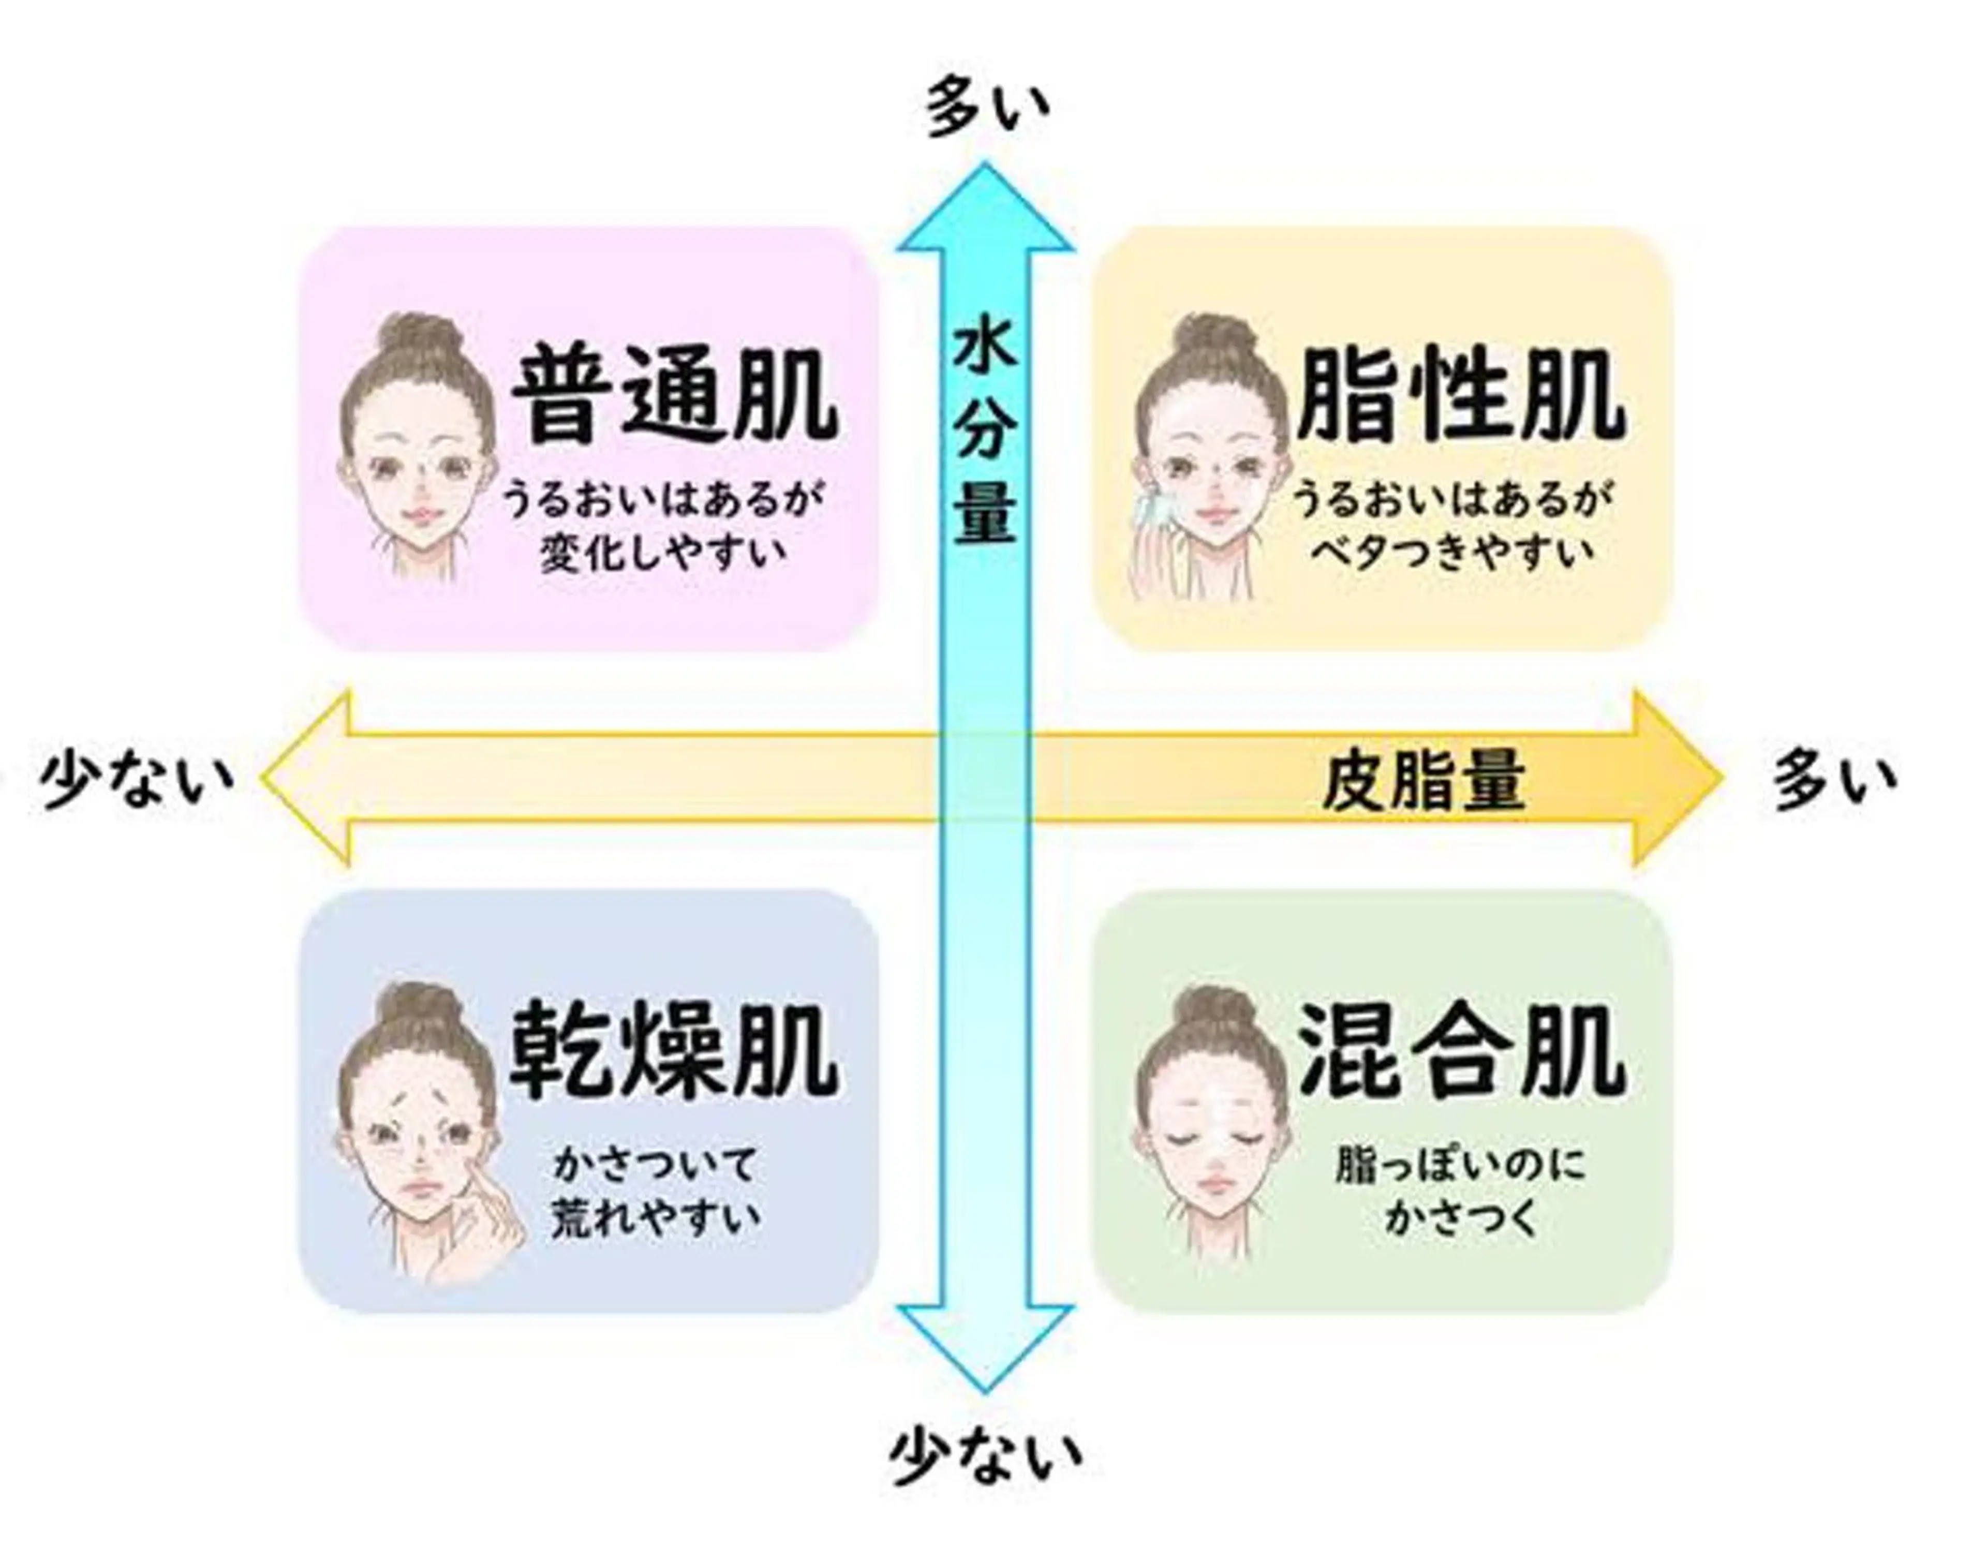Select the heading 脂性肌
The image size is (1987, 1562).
click(x=1460, y=395)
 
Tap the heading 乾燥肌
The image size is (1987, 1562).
click(x=673, y=1052)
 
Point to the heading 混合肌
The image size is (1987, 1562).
click(x=1460, y=1052)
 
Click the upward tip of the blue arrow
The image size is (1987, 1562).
click(x=985, y=163)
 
